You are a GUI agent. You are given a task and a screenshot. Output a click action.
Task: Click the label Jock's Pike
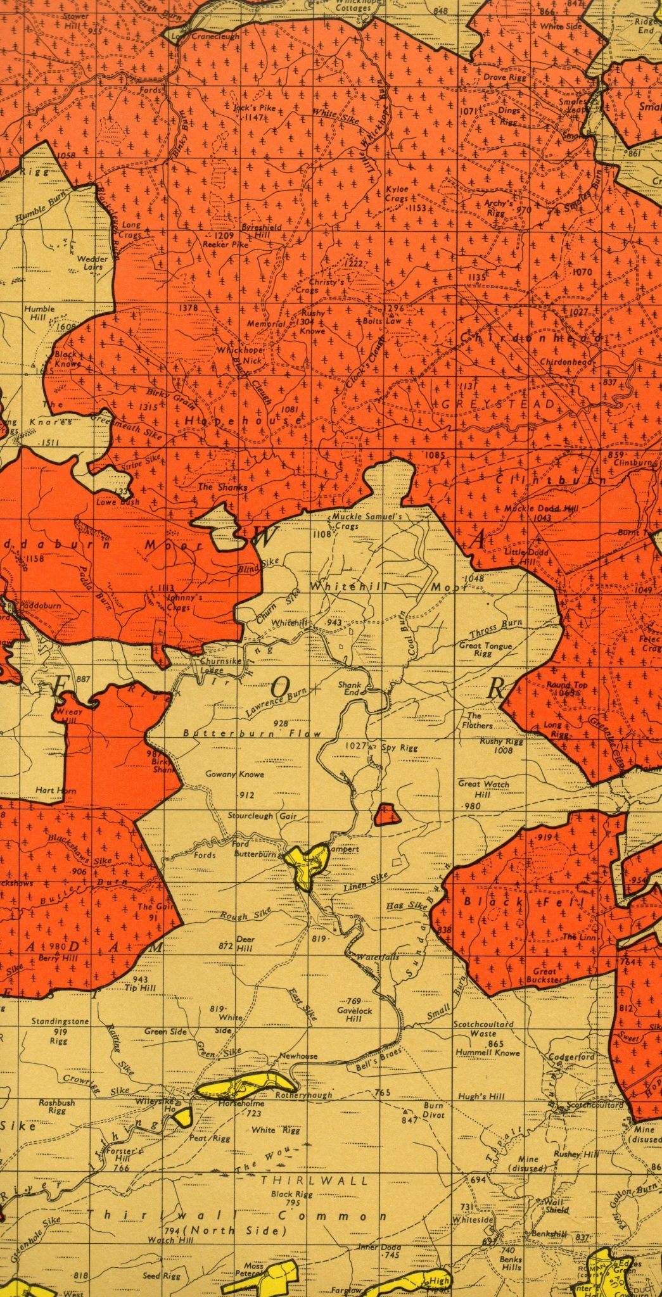click(x=255, y=108)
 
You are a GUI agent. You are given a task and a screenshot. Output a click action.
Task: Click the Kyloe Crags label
click(x=397, y=194)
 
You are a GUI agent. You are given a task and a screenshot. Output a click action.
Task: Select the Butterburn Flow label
click(x=252, y=733)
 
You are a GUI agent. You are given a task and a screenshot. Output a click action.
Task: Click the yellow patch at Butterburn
click(x=307, y=864)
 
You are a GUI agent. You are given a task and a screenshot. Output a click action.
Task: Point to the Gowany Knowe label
click(x=234, y=774)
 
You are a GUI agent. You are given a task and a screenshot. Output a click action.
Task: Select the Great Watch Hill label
click(x=483, y=788)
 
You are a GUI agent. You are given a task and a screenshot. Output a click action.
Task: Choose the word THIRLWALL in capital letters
click(x=314, y=1180)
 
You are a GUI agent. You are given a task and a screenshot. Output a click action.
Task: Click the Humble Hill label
click(x=39, y=313)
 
